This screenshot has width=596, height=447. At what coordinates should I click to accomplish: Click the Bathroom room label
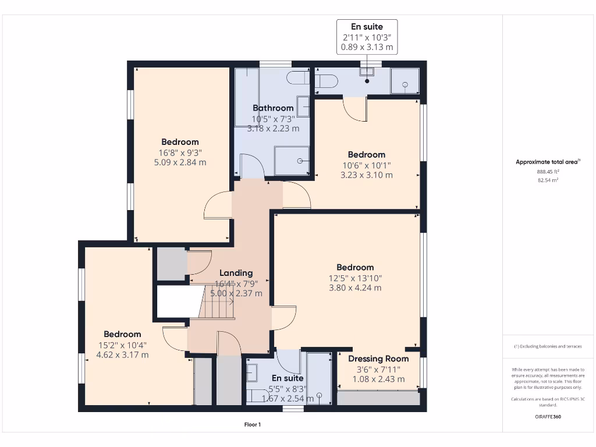point(273,108)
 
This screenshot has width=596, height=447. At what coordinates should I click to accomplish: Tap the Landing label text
point(236,272)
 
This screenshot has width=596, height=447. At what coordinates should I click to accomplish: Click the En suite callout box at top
point(367,37)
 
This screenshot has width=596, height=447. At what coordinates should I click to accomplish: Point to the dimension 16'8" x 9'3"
point(180,152)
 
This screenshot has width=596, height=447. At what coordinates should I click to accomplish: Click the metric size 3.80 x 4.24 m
point(355,288)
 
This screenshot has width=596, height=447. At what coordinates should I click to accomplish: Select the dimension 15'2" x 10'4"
point(122,345)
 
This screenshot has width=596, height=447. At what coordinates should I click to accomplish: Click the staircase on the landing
point(217,301)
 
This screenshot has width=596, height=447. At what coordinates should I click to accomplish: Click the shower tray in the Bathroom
point(292,160)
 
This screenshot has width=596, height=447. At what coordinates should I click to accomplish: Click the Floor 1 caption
point(252,425)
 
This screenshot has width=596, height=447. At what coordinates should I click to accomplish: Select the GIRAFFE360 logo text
point(548,417)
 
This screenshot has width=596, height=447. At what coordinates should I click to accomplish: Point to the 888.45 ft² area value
point(547,172)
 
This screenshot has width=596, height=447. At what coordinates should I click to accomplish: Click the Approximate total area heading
point(547,162)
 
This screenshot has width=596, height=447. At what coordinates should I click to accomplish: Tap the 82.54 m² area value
point(547,180)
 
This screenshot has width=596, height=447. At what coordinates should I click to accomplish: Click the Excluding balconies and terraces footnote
point(548,346)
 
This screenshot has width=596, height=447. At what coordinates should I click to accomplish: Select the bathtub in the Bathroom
point(247,97)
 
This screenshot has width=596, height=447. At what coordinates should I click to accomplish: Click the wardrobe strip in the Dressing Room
point(378,398)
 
